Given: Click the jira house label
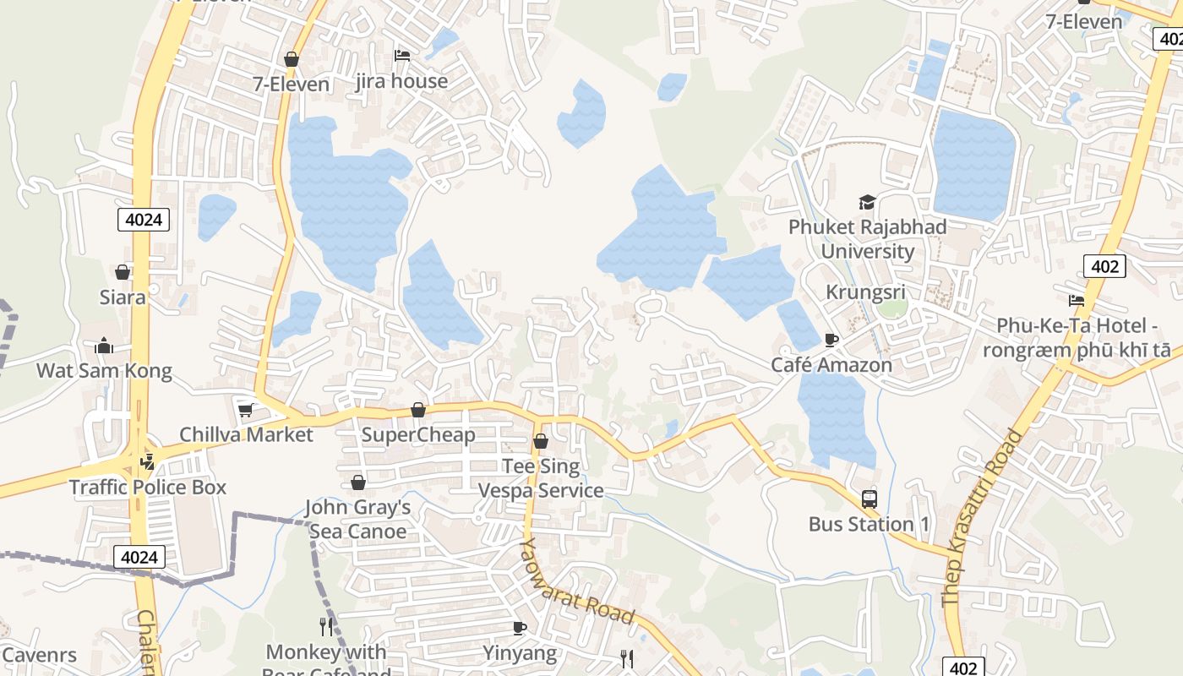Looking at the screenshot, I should [401, 81].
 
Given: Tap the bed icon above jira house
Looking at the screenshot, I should [402, 56].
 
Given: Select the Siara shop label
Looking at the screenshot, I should [123, 297].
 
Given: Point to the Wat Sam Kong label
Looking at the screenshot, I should [104, 370].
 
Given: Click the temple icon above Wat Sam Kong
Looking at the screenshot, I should [104, 346].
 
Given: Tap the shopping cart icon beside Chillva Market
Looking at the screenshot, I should [246, 410].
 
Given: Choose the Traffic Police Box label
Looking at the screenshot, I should [148, 487].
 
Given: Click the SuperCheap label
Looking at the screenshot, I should [418, 434].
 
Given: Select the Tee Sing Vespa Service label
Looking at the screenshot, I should [541, 478].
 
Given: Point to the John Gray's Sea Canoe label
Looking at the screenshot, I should [357, 519].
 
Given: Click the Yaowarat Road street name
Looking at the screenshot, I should [576, 582].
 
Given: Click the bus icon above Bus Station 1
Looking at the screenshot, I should [869, 499].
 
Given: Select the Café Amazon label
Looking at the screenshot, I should [831, 364].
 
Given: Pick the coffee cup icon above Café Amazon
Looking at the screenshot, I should [831, 340].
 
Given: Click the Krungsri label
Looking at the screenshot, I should [865, 292].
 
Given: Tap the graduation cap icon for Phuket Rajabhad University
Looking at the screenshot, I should [867, 202].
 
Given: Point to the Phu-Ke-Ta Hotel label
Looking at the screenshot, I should [1083, 337].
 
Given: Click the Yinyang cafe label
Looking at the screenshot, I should [520, 652].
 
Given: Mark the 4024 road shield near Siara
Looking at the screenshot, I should [143, 220].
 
